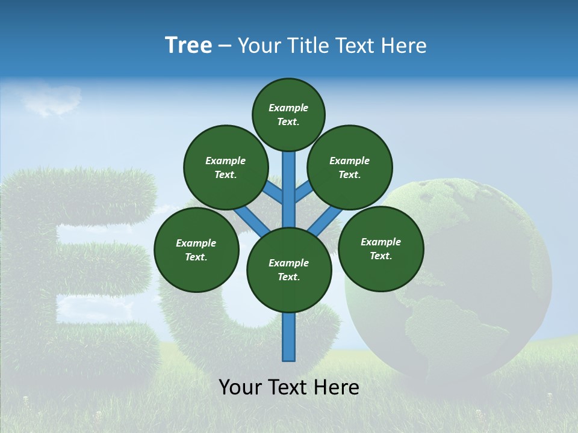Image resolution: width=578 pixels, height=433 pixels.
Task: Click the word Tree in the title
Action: pyautogui.click(x=188, y=45)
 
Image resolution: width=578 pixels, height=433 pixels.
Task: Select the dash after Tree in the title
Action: pyautogui.click(x=225, y=46)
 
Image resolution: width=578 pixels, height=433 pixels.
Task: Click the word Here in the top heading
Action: pyautogui.click(x=403, y=46)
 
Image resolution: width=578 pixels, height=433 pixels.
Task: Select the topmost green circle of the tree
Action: pyautogui.click(x=288, y=114)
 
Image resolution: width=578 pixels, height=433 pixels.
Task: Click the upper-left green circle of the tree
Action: pyautogui.click(x=225, y=167)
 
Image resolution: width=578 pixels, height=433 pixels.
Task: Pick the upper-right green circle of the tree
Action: pyautogui.click(x=350, y=167)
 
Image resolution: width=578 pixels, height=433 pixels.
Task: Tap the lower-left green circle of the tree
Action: pyautogui.click(x=196, y=250)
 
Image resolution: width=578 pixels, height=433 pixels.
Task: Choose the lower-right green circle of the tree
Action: pyautogui.click(x=381, y=248)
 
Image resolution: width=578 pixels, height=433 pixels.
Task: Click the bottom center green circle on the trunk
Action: pyautogui.click(x=289, y=270)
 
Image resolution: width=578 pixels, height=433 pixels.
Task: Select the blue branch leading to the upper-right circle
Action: pyautogui.click(x=303, y=193)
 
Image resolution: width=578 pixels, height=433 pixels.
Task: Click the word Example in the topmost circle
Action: pyautogui.click(x=288, y=108)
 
